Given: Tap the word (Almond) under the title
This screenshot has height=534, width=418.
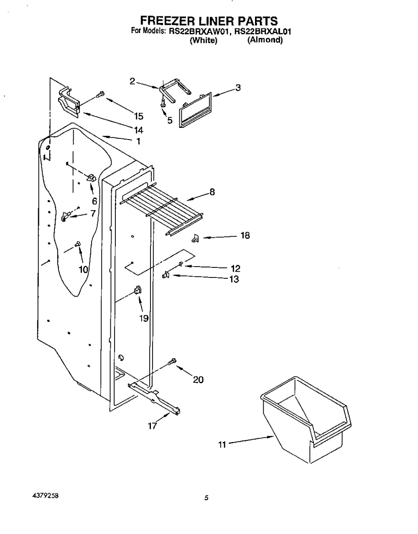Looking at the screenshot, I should pos(265,41).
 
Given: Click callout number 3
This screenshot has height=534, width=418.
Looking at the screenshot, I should pos(238,88).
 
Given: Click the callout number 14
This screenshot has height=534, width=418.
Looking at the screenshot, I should pos(138,129).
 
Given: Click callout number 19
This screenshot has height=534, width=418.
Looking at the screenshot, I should pos(144,318).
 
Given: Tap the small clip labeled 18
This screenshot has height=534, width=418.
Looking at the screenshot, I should pos(195,239).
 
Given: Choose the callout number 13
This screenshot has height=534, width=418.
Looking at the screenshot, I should pos(234,279).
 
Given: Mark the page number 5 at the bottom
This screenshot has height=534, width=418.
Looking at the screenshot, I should pos(206,498).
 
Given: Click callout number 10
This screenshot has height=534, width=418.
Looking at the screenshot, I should pos(83,270).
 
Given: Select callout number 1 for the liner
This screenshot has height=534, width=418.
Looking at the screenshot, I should pos(138,141).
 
